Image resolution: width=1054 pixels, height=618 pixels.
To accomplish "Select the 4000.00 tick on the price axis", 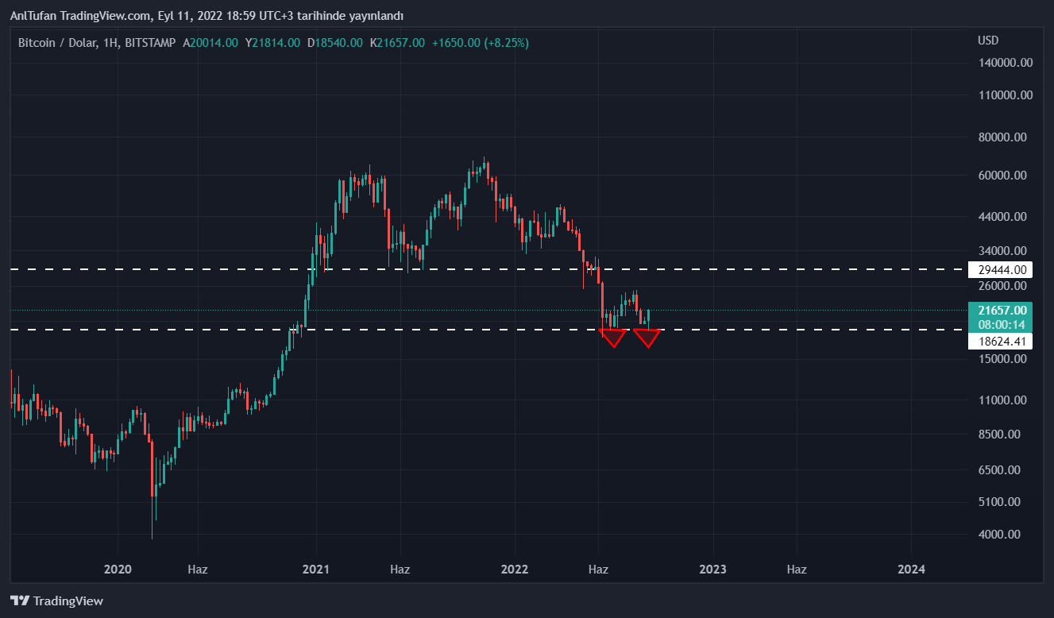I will pyautogui.click(x=999, y=535).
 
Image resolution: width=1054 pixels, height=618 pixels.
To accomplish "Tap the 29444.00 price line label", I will pyautogui.click(x=1000, y=270).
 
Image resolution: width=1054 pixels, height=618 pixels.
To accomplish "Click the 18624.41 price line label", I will pyautogui.click(x=1000, y=342).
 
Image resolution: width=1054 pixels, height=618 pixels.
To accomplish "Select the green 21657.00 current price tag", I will pyautogui.click(x=1000, y=311).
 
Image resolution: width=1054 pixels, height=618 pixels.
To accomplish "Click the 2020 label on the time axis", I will pyautogui.click(x=118, y=570).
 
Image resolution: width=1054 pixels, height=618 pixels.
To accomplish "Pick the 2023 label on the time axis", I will pyautogui.click(x=712, y=570).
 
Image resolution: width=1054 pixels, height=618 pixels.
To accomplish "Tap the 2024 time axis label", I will pyautogui.click(x=910, y=570).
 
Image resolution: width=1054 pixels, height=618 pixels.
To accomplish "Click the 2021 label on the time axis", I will pyautogui.click(x=316, y=570).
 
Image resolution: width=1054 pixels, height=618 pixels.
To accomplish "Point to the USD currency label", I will pyautogui.click(x=988, y=41).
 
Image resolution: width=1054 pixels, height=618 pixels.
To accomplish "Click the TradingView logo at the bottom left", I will pyautogui.click(x=56, y=601).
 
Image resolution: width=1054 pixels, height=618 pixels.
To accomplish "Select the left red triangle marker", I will pyautogui.click(x=613, y=338).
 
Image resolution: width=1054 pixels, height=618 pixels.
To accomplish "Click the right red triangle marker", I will pyautogui.click(x=647, y=338).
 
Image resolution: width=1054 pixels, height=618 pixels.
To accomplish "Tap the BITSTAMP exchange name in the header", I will pyautogui.click(x=150, y=43).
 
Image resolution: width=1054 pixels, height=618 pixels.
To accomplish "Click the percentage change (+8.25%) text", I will pyautogui.click(x=506, y=43).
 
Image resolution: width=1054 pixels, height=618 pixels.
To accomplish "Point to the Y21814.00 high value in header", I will pyautogui.click(x=272, y=43).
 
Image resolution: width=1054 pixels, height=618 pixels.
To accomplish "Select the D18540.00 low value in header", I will pyautogui.click(x=335, y=43).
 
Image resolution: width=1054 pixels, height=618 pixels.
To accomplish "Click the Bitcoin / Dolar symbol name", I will pyautogui.click(x=53, y=43).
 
